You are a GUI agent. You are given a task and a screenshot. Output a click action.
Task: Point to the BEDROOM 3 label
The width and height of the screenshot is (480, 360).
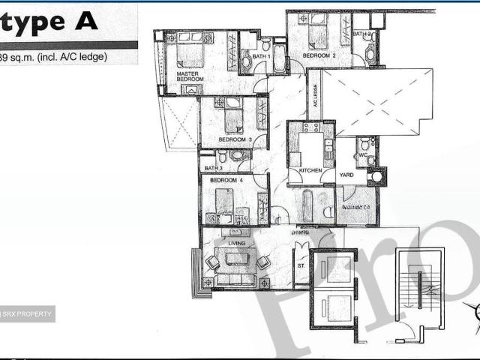234,139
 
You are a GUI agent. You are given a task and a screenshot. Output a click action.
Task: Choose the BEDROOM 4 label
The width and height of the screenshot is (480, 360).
226,181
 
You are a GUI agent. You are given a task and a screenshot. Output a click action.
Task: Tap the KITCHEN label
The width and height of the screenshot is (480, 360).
310,171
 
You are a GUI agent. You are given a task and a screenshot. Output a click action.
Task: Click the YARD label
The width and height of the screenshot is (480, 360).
346,175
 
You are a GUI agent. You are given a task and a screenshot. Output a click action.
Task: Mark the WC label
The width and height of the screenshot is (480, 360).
361,155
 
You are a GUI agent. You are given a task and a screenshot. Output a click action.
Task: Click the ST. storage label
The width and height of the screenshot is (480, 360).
301,265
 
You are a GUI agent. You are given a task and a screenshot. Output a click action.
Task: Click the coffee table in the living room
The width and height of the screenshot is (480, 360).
236,259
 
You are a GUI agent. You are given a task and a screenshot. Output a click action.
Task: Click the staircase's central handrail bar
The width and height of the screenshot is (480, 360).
421,285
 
